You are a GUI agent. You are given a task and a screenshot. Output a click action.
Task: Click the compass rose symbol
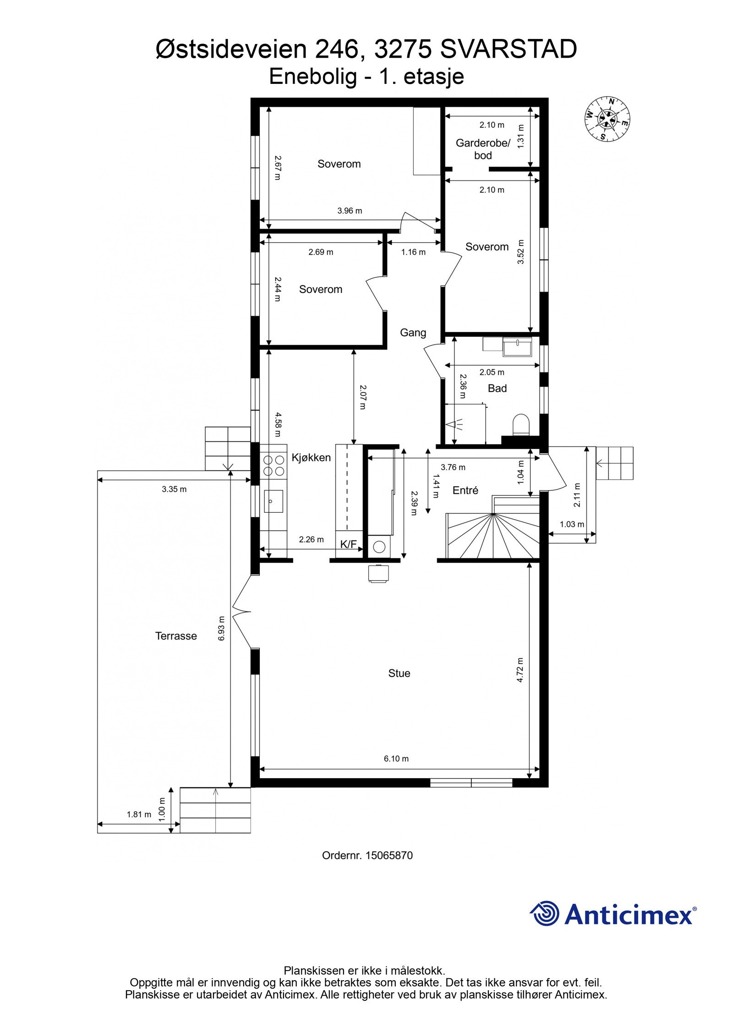point(607,119)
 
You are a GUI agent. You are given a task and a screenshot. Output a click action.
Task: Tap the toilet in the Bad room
point(520,424)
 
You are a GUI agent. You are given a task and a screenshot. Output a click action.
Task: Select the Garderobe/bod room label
point(482,149)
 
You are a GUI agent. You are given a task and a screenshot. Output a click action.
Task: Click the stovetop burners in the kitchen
point(274,465)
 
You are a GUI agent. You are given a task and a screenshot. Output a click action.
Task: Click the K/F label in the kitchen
point(348,544)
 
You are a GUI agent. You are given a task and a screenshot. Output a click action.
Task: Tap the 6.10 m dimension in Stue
point(396,759)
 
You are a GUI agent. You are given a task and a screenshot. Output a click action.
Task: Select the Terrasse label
point(176,636)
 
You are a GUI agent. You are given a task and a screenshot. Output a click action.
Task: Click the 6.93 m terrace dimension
point(222,627)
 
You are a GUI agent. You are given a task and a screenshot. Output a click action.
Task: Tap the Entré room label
point(465,490)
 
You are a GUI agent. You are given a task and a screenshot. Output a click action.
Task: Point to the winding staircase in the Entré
point(492,536)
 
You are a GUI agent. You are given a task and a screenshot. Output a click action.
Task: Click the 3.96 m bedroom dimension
point(350,211)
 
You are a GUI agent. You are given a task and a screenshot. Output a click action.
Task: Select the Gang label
point(413,333)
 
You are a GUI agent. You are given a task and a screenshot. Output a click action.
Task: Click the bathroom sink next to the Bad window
point(517,347)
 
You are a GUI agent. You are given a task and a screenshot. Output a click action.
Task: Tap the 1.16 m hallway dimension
point(413,252)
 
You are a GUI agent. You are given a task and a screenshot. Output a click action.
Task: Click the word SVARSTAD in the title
point(508,49)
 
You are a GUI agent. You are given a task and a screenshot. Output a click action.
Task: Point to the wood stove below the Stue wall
point(379,574)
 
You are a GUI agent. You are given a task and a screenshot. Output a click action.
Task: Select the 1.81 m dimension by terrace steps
point(139,814)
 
